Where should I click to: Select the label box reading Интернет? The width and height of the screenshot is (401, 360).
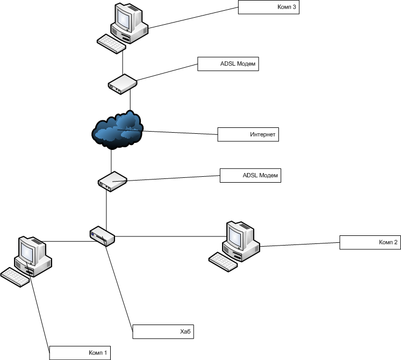pos(248,134)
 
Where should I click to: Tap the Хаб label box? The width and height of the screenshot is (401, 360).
pos(162,332)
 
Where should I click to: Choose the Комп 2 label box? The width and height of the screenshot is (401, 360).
pos(369,242)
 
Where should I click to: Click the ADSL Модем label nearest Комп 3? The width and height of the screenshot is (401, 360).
pos(228,63)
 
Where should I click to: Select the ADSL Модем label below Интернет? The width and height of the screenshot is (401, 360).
pos(250,176)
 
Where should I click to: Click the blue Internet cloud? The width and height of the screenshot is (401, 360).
pos(117,129)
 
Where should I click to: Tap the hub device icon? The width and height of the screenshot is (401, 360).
pos(102,235)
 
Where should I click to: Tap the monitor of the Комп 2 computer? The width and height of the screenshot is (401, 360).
pos(237,235)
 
